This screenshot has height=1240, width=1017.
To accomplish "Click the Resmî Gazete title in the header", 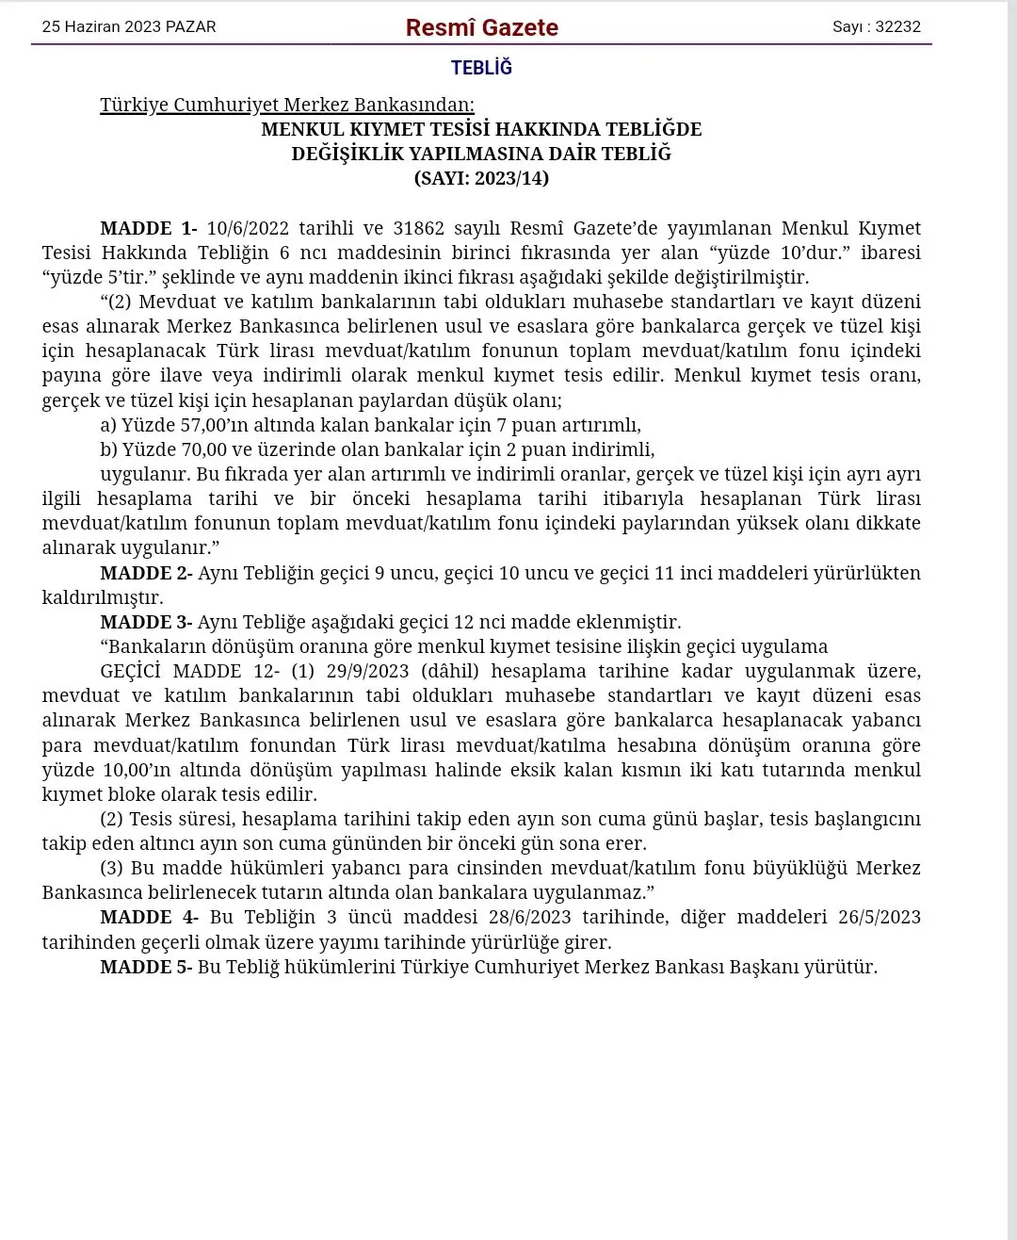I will [481, 27].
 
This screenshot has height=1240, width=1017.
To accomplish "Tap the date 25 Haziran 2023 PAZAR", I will [129, 26].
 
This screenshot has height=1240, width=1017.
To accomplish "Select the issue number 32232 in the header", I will [897, 26].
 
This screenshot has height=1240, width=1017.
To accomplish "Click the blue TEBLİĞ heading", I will [481, 68].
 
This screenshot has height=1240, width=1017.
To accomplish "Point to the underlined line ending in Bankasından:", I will [287, 105].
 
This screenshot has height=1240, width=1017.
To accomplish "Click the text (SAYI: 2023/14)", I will [481, 178].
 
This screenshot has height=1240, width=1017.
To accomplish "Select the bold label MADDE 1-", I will [149, 228].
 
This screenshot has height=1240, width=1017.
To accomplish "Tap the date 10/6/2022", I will [248, 228].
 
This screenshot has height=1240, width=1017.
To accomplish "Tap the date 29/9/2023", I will [367, 671].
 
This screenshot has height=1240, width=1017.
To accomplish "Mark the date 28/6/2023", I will [530, 917].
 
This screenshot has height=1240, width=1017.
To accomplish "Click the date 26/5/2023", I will [880, 917].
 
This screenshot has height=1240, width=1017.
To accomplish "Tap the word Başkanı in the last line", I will [765, 967].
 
